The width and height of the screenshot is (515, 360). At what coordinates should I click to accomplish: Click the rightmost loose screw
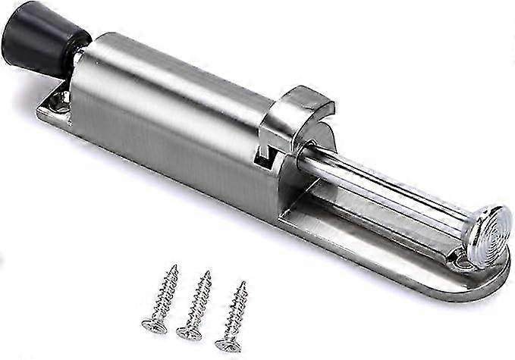tap(230, 311)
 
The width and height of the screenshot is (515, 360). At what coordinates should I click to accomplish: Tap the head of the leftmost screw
tap(152, 326)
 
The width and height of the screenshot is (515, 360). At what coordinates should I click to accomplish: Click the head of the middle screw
tap(186, 332)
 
